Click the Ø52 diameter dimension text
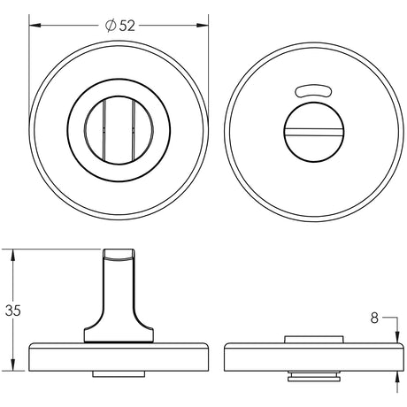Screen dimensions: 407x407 pyautogui.click(x=119, y=26)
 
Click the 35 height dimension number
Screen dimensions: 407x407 pyautogui.click(x=12, y=311)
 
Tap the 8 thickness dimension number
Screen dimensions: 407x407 pyautogui.click(x=374, y=316)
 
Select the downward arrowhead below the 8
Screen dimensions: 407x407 pyautogui.click(x=395, y=333)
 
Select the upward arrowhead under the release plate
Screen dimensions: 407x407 pyautogui.click(x=395, y=375)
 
